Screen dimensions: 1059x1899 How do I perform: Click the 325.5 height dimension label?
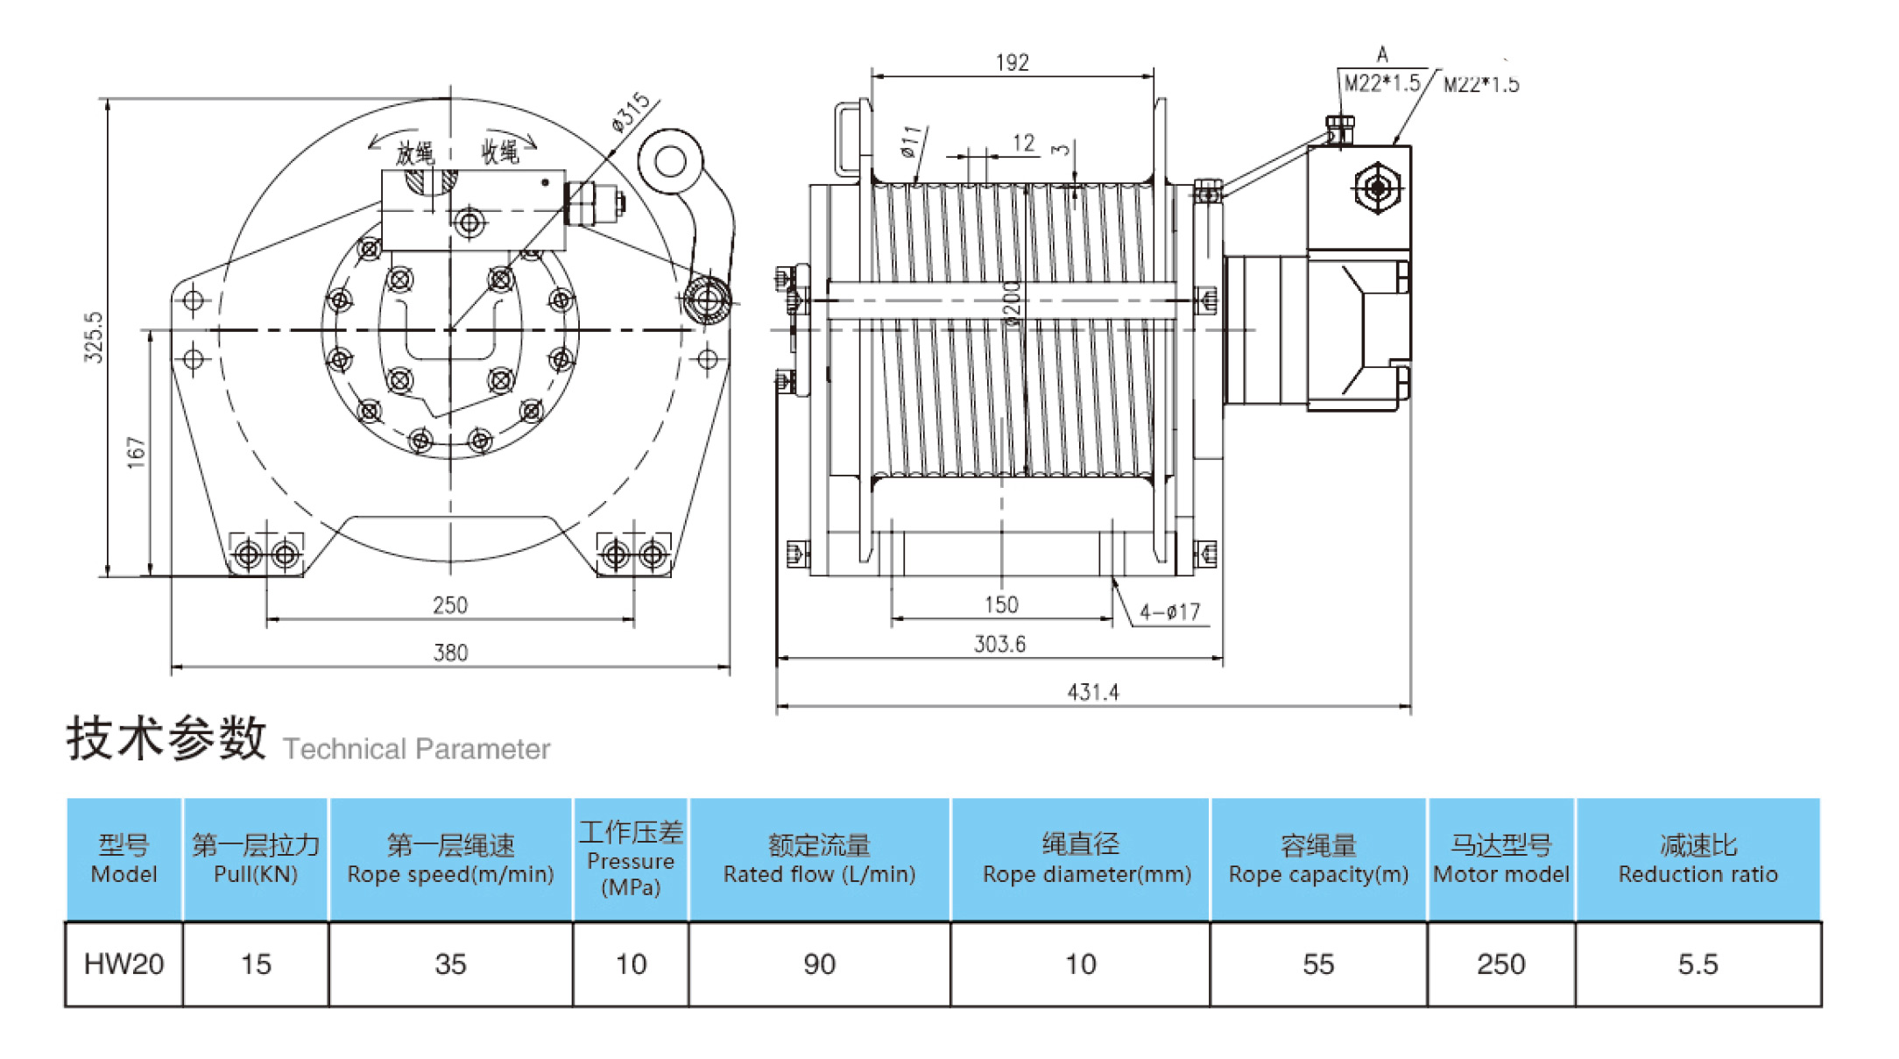[94, 337]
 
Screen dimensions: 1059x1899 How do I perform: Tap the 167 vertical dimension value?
[136, 453]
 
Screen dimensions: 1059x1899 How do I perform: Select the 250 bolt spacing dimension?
[450, 605]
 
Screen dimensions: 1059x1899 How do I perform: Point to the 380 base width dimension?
[450, 653]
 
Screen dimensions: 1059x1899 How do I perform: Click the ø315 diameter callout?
[631, 112]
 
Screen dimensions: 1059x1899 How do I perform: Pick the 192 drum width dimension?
[1012, 63]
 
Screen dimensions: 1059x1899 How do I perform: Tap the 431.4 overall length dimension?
[1093, 693]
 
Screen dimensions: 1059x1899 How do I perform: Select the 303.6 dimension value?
[999, 645]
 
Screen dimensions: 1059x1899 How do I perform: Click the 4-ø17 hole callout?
[1170, 612]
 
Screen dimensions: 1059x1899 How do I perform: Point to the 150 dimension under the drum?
[1001, 605]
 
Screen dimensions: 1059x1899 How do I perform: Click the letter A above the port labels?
[1382, 55]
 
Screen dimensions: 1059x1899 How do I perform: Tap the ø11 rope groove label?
[912, 142]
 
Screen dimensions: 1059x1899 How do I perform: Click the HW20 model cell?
[124, 964]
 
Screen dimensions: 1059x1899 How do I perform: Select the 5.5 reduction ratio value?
[1698, 964]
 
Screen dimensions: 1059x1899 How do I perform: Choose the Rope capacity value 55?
[1318, 964]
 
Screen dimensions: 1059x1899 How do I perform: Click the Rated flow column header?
[819, 859]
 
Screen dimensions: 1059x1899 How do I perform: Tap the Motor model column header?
[1501, 859]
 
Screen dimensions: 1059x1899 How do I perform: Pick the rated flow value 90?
[819, 964]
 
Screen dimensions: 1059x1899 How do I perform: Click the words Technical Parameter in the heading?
[416, 750]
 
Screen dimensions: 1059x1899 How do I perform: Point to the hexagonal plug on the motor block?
[1377, 187]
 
